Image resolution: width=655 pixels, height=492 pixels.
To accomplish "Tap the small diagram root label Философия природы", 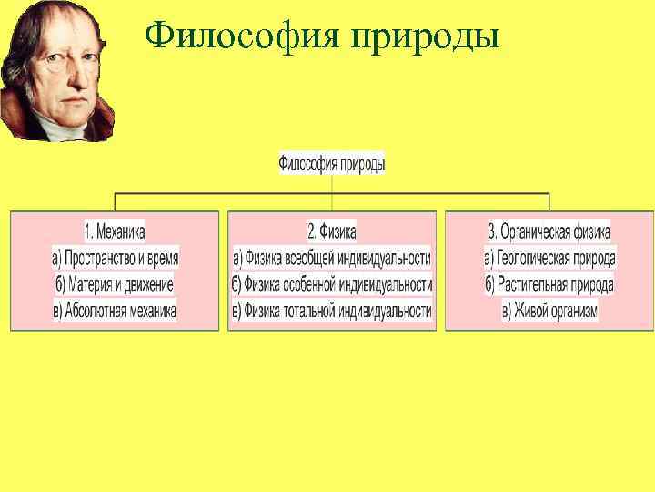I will [x=331, y=164].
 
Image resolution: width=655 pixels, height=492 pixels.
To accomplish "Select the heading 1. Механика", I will [x=115, y=231].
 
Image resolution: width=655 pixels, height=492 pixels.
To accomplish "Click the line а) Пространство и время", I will [x=115, y=258].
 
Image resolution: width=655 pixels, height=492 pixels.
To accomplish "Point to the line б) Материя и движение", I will [x=115, y=284].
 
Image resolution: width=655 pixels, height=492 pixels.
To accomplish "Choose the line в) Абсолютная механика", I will [x=115, y=311].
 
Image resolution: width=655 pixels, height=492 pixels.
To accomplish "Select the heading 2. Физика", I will [x=332, y=231].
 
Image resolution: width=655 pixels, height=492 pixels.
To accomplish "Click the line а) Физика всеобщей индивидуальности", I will [x=332, y=258].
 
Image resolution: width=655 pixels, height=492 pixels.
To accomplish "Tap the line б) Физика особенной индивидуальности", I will [x=332, y=284].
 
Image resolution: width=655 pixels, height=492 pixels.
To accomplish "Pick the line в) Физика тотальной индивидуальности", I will [x=332, y=311].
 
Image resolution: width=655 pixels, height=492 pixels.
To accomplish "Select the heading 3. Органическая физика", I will [x=549, y=231].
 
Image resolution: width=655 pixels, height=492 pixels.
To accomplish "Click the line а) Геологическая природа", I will [x=549, y=258].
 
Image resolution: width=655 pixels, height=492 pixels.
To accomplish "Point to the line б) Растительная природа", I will [x=549, y=284].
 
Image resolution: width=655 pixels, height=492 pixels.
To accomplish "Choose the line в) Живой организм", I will [x=549, y=311].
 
